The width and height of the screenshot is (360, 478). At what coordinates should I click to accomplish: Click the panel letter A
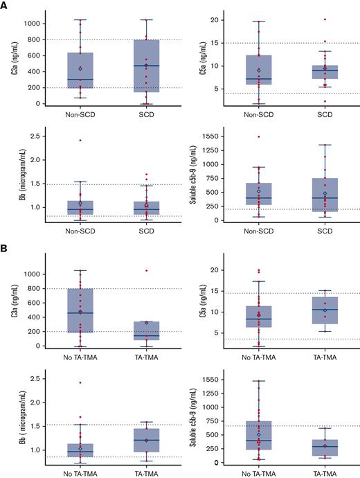pos(5,5)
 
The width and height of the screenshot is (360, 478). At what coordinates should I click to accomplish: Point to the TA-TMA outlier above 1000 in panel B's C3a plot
pos(146,270)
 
